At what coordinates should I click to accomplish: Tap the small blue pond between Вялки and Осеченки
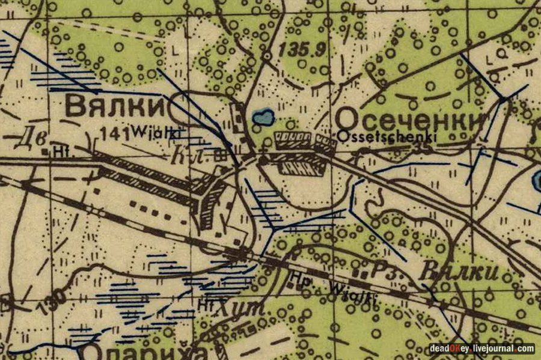point(263,117)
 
